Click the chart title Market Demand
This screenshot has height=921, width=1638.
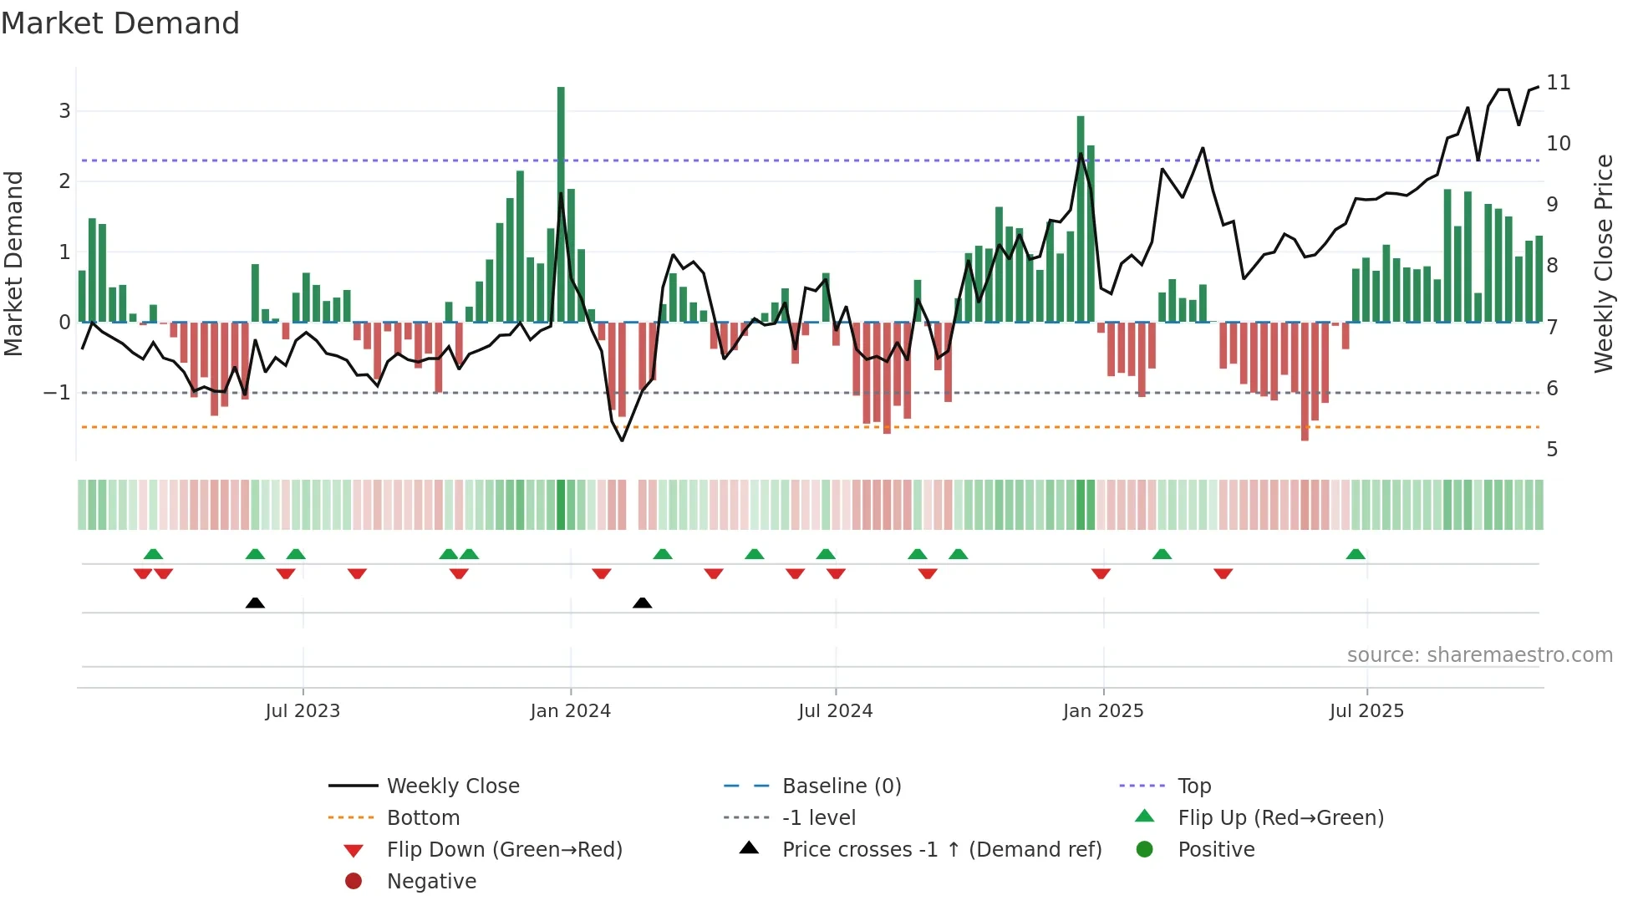pos(120,23)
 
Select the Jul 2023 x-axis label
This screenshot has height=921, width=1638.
pos(303,711)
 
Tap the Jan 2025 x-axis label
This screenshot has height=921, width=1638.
pos(1103,711)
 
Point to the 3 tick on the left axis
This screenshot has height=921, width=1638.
pos(64,111)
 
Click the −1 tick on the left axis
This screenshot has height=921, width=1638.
pos(57,393)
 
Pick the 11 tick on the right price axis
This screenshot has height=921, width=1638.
pos(1559,83)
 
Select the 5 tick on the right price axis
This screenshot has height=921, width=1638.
pos(1552,450)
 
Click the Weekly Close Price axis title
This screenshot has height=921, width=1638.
pos(1604,263)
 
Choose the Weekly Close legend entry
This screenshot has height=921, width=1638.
pos(452,786)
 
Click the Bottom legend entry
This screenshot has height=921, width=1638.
pos(423,818)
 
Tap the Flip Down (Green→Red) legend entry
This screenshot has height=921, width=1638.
pos(504,850)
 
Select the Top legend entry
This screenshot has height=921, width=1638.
pos(1194,786)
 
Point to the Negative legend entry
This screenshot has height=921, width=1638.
pos(431,882)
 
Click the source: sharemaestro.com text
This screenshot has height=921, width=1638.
pos(1479,655)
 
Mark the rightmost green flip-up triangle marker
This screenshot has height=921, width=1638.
pos(1356,554)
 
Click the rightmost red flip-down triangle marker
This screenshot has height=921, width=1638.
pos(1223,573)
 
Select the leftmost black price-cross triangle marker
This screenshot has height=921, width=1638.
pos(255,603)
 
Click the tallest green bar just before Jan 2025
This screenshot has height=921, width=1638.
pos(1081,219)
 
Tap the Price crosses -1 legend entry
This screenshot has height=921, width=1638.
pos(941,850)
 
